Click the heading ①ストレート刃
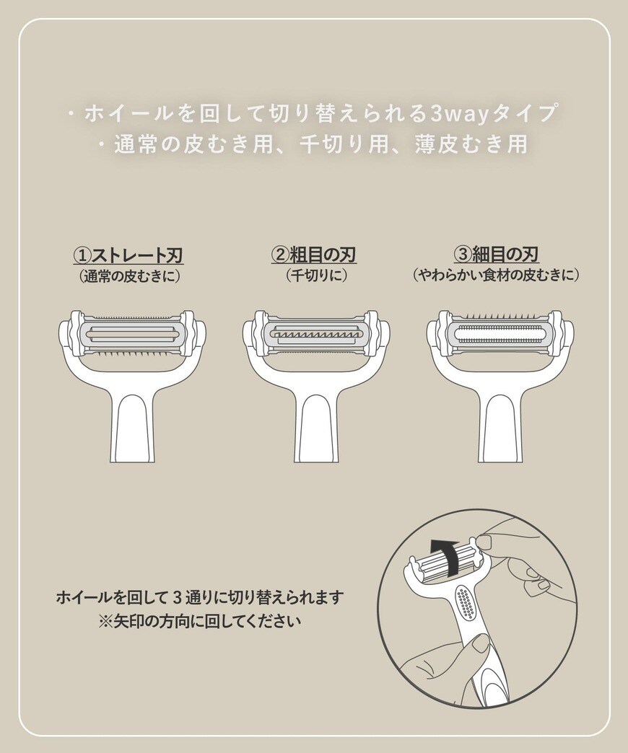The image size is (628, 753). (x=128, y=255)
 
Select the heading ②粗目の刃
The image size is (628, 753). (x=313, y=255)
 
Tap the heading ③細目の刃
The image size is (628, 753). (x=497, y=255)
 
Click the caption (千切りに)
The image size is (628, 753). (x=313, y=276)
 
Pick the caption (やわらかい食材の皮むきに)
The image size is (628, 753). (x=497, y=276)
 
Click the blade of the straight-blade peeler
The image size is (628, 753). (x=129, y=331)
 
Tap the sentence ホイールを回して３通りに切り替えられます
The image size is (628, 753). (x=199, y=598)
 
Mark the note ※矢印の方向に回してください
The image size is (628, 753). (x=199, y=620)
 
